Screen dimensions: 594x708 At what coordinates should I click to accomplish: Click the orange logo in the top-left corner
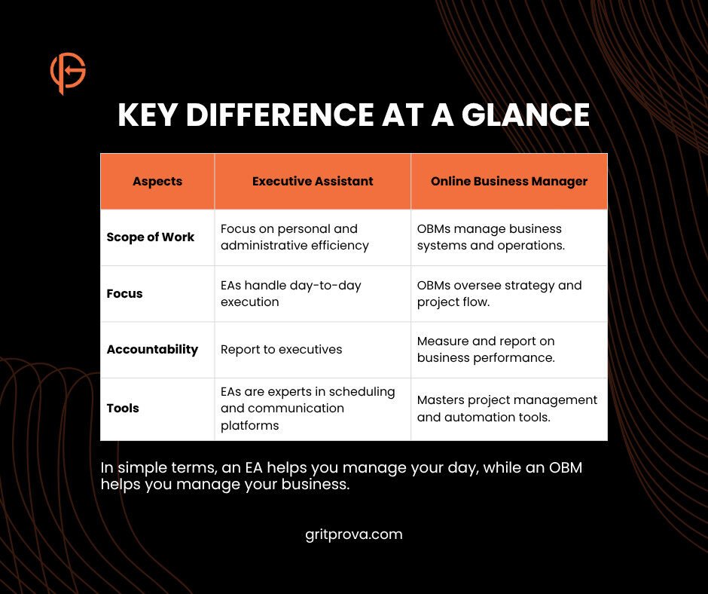coord(68,73)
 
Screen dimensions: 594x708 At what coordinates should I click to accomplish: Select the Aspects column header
coord(157,181)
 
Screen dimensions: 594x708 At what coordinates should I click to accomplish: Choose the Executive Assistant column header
coord(313,181)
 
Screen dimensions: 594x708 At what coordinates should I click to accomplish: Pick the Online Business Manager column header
coord(509,181)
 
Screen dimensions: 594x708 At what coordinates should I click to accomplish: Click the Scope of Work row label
coord(151,237)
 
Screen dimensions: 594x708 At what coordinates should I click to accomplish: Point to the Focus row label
coord(125,293)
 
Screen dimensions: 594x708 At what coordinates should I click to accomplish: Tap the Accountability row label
coord(152,349)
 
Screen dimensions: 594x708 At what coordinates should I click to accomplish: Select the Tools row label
coord(123,408)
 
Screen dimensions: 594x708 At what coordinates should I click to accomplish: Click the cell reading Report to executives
coord(281,349)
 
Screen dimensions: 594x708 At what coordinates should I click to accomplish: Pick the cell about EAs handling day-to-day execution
coord(291,293)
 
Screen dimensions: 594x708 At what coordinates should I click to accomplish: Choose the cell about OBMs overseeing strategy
coord(499,293)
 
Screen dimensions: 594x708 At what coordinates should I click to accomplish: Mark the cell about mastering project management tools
coord(507,408)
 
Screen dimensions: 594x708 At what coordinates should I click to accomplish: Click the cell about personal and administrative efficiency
coord(294,237)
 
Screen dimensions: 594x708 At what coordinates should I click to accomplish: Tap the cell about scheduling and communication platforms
coord(307,408)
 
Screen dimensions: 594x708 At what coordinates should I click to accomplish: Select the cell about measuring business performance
coord(486,349)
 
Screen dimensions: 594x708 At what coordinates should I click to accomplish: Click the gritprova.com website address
coord(354,534)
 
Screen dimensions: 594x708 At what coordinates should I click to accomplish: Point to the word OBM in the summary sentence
coord(563,467)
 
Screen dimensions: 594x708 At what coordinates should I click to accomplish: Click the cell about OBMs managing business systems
coord(490,237)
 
